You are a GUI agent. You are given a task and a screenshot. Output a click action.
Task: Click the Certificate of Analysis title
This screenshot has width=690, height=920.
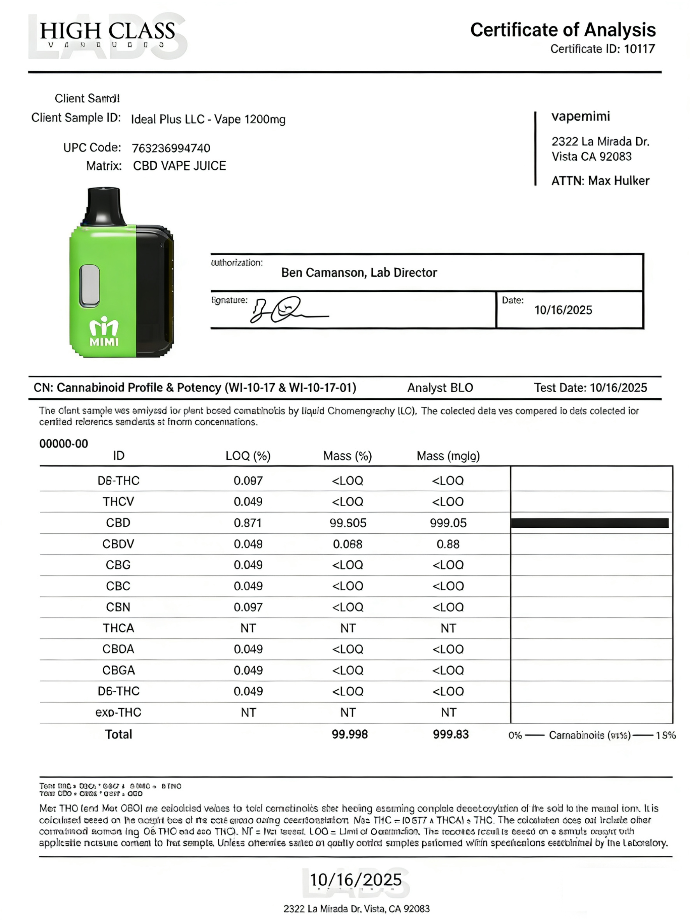(x=562, y=30)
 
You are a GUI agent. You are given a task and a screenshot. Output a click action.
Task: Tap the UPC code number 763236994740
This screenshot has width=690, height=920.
(x=171, y=148)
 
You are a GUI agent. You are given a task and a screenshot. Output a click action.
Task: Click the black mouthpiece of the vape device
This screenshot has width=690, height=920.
(x=104, y=206)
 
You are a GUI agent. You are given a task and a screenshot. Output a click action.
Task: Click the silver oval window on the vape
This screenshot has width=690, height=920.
(x=90, y=286)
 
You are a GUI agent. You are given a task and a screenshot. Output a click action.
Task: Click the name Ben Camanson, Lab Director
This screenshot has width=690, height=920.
(x=359, y=273)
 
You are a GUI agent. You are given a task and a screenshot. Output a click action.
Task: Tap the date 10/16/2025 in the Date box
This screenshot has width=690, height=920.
(x=563, y=310)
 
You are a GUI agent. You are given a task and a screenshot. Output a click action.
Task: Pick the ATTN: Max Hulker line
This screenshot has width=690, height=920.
(x=600, y=181)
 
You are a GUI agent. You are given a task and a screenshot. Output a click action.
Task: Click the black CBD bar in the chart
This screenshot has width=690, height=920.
(x=589, y=523)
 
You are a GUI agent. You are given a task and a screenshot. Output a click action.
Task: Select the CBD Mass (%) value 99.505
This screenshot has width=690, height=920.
(x=348, y=523)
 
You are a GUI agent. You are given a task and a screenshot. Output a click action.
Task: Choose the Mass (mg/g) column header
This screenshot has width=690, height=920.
(x=448, y=456)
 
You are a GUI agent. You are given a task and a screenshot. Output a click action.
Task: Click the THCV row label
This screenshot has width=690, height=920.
(x=119, y=502)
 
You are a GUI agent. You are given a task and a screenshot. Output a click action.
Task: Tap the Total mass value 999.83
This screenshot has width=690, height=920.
(x=450, y=734)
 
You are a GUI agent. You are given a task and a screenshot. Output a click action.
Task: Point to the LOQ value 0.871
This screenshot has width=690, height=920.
(x=248, y=523)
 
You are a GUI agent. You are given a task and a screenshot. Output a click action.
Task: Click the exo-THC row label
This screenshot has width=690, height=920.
(x=119, y=713)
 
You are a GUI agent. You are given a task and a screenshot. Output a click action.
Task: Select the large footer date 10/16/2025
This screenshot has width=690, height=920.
(x=356, y=880)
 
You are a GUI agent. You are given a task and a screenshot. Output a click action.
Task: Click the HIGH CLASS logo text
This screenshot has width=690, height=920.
(x=107, y=32)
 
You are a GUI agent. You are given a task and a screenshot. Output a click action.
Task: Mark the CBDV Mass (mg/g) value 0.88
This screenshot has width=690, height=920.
(x=448, y=544)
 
